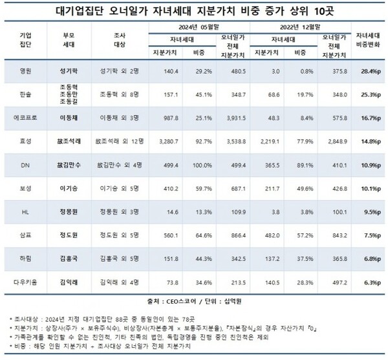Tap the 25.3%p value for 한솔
click(x=366, y=94)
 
